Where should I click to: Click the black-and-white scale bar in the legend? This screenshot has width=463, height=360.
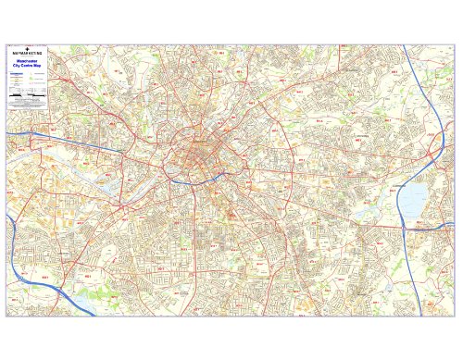[19, 95]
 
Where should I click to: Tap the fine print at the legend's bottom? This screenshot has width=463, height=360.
[29, 106]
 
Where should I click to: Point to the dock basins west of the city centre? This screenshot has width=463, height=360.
[116, 185]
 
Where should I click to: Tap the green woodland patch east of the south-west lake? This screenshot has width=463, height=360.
[89, 298]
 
